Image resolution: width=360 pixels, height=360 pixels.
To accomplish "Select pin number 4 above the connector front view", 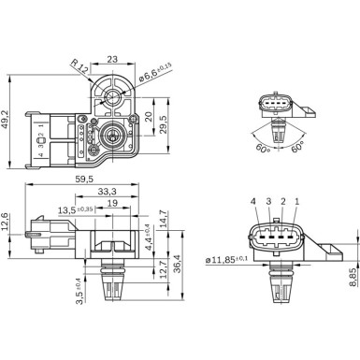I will [253, 202].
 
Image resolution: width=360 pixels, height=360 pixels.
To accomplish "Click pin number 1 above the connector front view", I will [297, 202].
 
